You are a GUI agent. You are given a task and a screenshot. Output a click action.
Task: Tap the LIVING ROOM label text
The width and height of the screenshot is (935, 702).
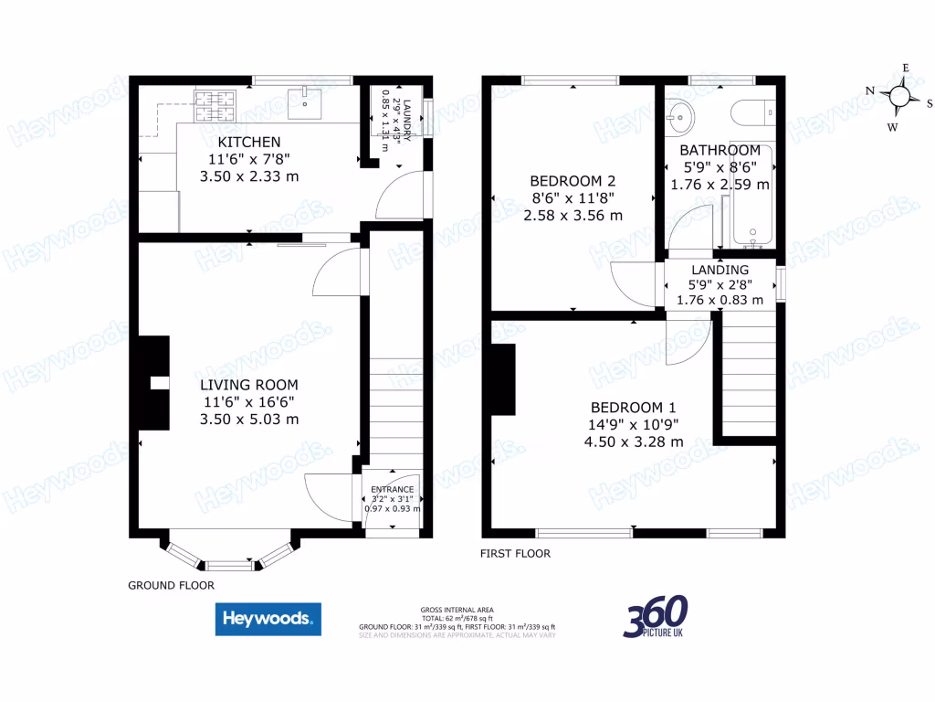249,385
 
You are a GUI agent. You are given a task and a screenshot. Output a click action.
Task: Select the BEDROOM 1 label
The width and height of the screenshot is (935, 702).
634,408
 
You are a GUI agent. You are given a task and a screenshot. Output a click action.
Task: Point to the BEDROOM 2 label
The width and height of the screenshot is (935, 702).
573,181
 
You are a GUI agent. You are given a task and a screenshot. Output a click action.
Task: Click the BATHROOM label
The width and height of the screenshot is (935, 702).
720,150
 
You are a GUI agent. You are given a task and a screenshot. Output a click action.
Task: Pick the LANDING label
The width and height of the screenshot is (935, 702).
720,270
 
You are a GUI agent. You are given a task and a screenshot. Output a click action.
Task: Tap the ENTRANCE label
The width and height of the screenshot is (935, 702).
392,489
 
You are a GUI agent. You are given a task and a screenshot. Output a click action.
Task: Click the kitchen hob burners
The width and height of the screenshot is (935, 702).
214,106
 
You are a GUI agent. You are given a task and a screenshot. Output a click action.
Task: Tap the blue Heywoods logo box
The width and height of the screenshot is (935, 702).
268,619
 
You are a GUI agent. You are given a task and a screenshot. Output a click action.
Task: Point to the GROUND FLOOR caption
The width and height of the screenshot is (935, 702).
171,585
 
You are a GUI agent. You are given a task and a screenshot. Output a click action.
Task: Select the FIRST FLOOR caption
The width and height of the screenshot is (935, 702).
515,554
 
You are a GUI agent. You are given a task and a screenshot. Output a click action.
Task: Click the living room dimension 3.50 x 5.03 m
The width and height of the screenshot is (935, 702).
249,419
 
